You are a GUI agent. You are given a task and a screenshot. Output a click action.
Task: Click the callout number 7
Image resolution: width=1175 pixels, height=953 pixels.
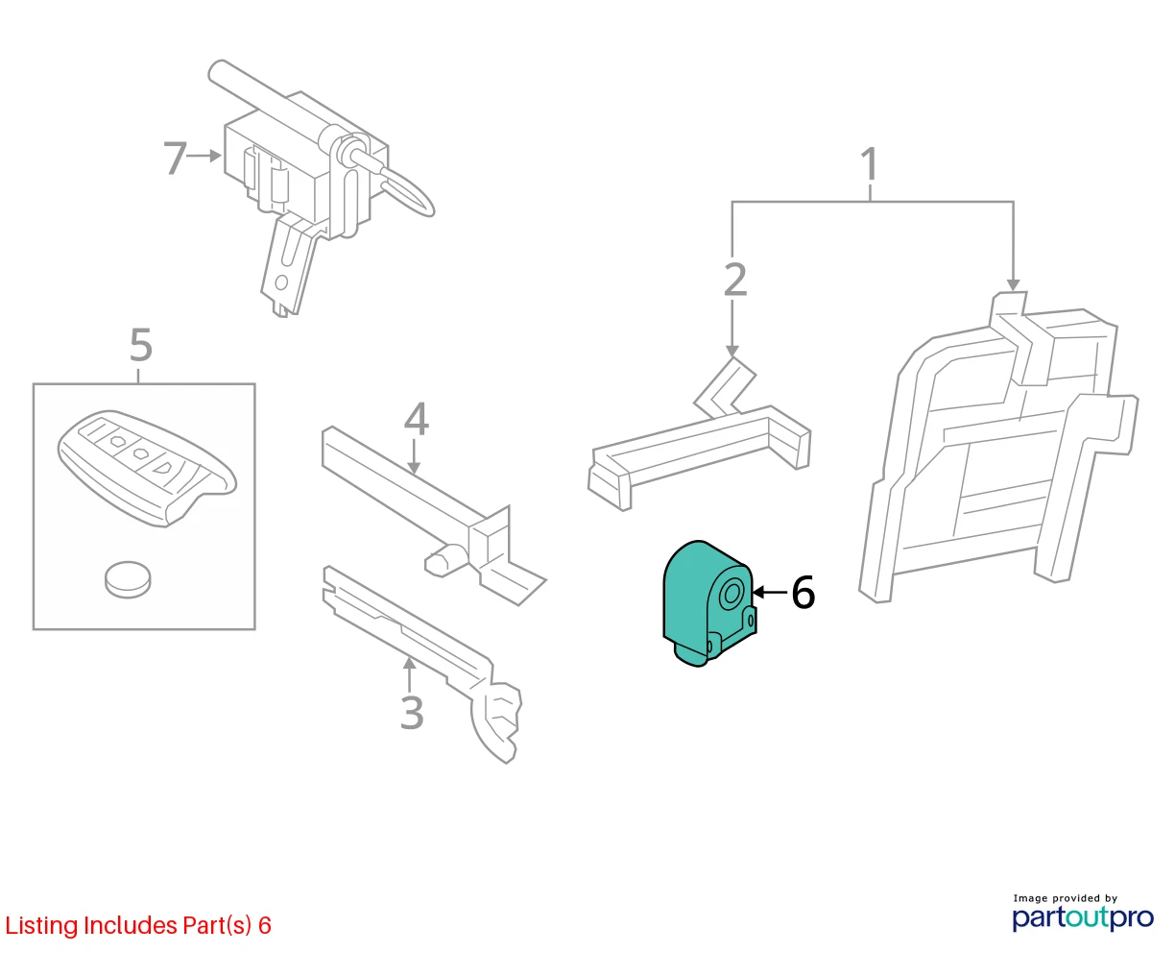point(176,158)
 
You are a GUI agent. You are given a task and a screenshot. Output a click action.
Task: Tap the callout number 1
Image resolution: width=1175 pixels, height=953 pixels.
point(870,163)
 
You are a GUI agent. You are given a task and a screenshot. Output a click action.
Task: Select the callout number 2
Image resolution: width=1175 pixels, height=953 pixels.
point(735,280)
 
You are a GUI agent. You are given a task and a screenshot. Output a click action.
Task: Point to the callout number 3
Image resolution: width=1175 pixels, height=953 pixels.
point(412,713)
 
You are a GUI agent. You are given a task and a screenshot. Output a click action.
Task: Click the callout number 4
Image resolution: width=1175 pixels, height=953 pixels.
point(416,419)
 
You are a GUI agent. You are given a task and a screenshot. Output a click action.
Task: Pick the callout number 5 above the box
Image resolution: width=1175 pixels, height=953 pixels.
point(141,345)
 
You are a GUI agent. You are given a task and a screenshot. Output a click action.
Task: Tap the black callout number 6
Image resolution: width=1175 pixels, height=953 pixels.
point(803,592)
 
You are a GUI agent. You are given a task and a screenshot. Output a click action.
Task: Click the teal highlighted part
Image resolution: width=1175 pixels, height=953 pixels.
point(708,603)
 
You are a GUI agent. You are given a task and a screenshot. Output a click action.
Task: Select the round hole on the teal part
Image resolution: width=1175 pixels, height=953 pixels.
point(732,594)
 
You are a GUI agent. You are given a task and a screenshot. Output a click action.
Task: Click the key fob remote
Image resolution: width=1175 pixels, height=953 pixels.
point(146,468)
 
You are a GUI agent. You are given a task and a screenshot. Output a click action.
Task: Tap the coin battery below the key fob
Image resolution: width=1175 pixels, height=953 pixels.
point(128,579)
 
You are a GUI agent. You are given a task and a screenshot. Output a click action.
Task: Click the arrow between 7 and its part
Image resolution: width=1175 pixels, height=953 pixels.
point(204,156)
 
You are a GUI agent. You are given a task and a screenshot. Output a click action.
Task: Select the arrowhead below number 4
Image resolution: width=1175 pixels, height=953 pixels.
point(413,467)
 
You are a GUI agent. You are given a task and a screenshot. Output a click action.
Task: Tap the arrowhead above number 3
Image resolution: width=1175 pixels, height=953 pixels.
point(409,664)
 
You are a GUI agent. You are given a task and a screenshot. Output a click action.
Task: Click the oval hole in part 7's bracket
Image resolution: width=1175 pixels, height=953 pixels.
point(280,282)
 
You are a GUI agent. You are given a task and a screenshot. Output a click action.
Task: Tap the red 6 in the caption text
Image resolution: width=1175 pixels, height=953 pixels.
point(265,925)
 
